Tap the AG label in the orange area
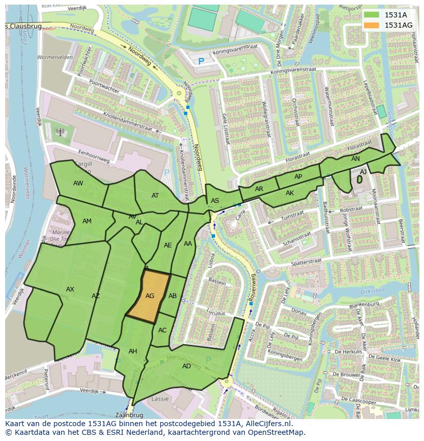pyautogui.click(x=150, y=296)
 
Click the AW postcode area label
pyautogui.click(x=78, y=183)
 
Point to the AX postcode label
pyautogui.click(x=70, y=289)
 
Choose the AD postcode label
pyautogui.click(x=186, y=366)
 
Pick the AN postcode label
pyautogui.click(x=355, y=159)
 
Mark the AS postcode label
pyautogui.click(x=215, y=200)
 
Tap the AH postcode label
pyautogui.click(x=133, y=351)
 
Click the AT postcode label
pyautogui.click(x=155, y=195)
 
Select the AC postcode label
pyautogui.click(x=162, y=330)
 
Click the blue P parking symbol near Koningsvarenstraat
pyautogui.click(x=201, y=61)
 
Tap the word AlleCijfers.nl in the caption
pyautogui.click(x=263, y=424)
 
